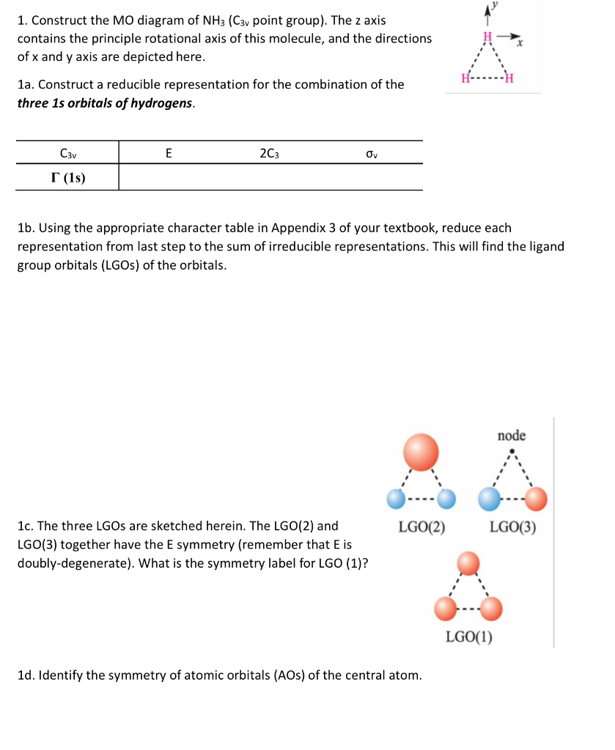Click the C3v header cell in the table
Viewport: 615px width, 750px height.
point(68,154)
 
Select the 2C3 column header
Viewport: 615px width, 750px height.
point(269,154)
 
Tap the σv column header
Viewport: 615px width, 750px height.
point(371,154)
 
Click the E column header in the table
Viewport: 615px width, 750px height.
point(169,154)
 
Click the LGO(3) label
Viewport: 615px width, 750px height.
point(513,526)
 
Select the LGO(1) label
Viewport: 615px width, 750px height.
point(469,636)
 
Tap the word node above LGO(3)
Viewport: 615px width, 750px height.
point(512,436)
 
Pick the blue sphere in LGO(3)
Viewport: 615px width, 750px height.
point(489,500)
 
